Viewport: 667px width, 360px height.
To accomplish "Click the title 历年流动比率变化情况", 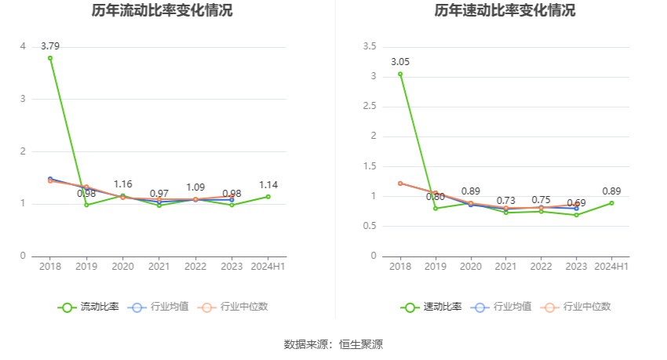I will (x=162, y=11).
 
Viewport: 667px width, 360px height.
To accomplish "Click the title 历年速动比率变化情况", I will (x=505, y=11).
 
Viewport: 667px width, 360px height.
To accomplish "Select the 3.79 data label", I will (x=50, y=45).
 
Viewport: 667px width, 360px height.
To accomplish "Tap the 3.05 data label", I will (x=400, y=62).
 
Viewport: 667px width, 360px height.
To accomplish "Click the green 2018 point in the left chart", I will (x=50, y=58).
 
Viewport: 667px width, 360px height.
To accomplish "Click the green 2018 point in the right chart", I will (x=400, y=75).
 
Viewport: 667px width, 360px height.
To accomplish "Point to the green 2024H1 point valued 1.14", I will (x=268, y=197).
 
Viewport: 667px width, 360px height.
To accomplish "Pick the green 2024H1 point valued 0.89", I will (x=611, y=203).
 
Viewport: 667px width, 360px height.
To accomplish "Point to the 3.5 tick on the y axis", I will (x=370, y=47).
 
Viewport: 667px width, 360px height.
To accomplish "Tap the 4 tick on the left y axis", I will (x=23, y=47).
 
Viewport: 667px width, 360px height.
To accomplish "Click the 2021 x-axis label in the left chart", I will (x=159, y=267).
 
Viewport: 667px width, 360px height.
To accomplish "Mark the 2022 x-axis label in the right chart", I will (x=541, y=267).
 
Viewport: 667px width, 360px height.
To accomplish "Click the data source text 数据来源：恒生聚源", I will (x=333, y=344).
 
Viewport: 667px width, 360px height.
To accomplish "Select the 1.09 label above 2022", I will (x=195, y=187).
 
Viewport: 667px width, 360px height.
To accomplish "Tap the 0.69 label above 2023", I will (x=576, y=203).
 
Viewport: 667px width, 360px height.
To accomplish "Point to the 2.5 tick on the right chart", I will (x=370, y=107).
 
